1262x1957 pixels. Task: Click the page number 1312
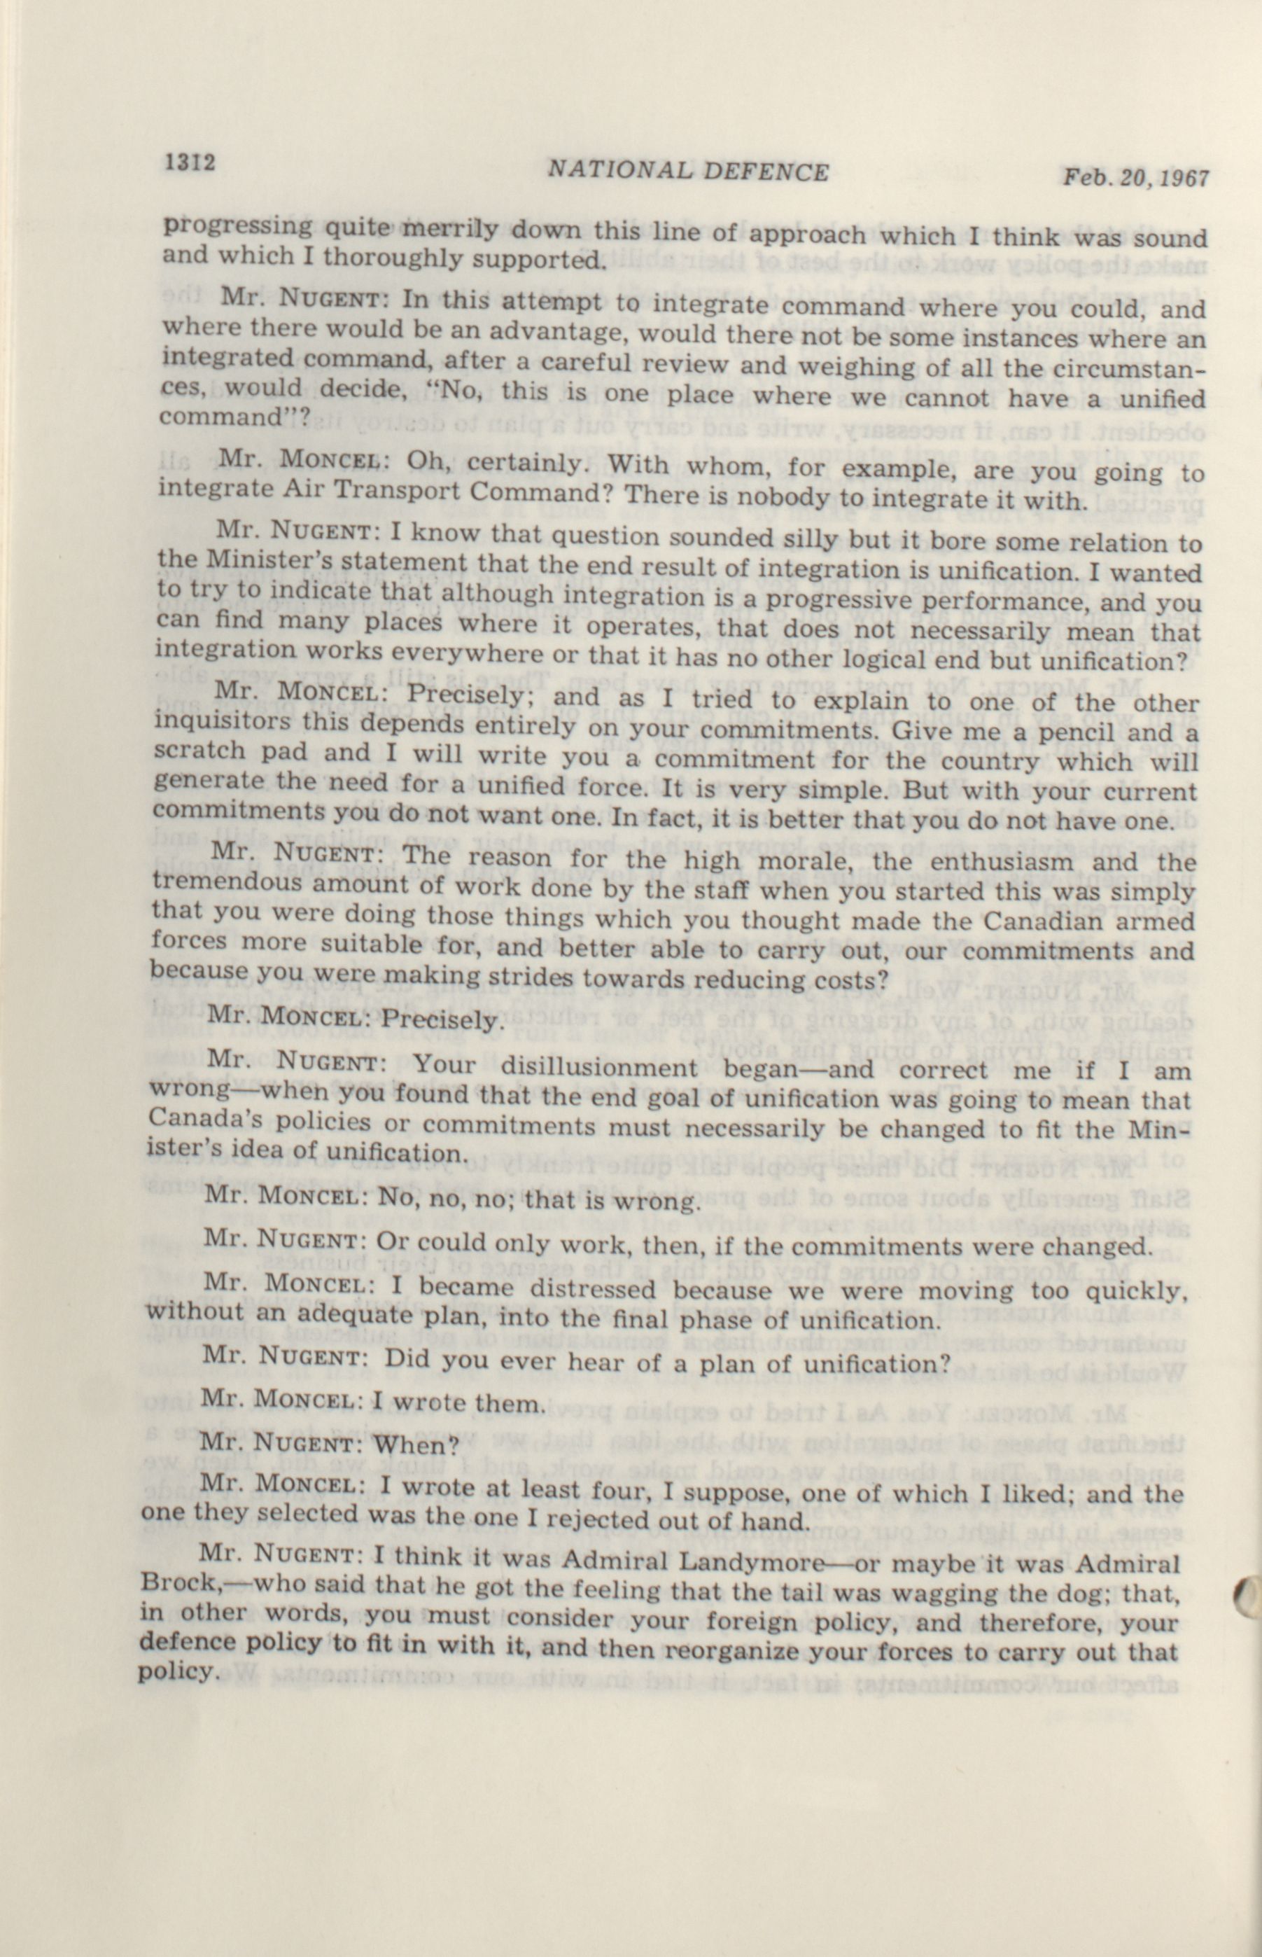pos(189,162)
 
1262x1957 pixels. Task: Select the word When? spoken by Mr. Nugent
pos(407,1443)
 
